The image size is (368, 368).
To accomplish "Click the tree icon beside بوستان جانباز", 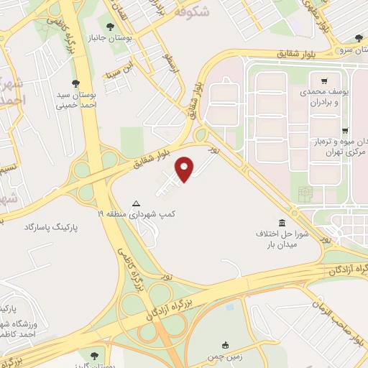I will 109,27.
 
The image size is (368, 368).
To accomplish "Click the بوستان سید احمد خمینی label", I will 75,98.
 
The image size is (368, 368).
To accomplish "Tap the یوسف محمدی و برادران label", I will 324,97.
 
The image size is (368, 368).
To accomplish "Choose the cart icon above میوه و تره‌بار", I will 345,130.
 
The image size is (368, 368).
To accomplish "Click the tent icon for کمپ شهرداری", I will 137,203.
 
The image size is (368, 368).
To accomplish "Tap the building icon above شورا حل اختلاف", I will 282,222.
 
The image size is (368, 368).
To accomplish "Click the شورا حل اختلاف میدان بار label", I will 282,239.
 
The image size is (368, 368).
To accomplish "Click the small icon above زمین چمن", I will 226,344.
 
